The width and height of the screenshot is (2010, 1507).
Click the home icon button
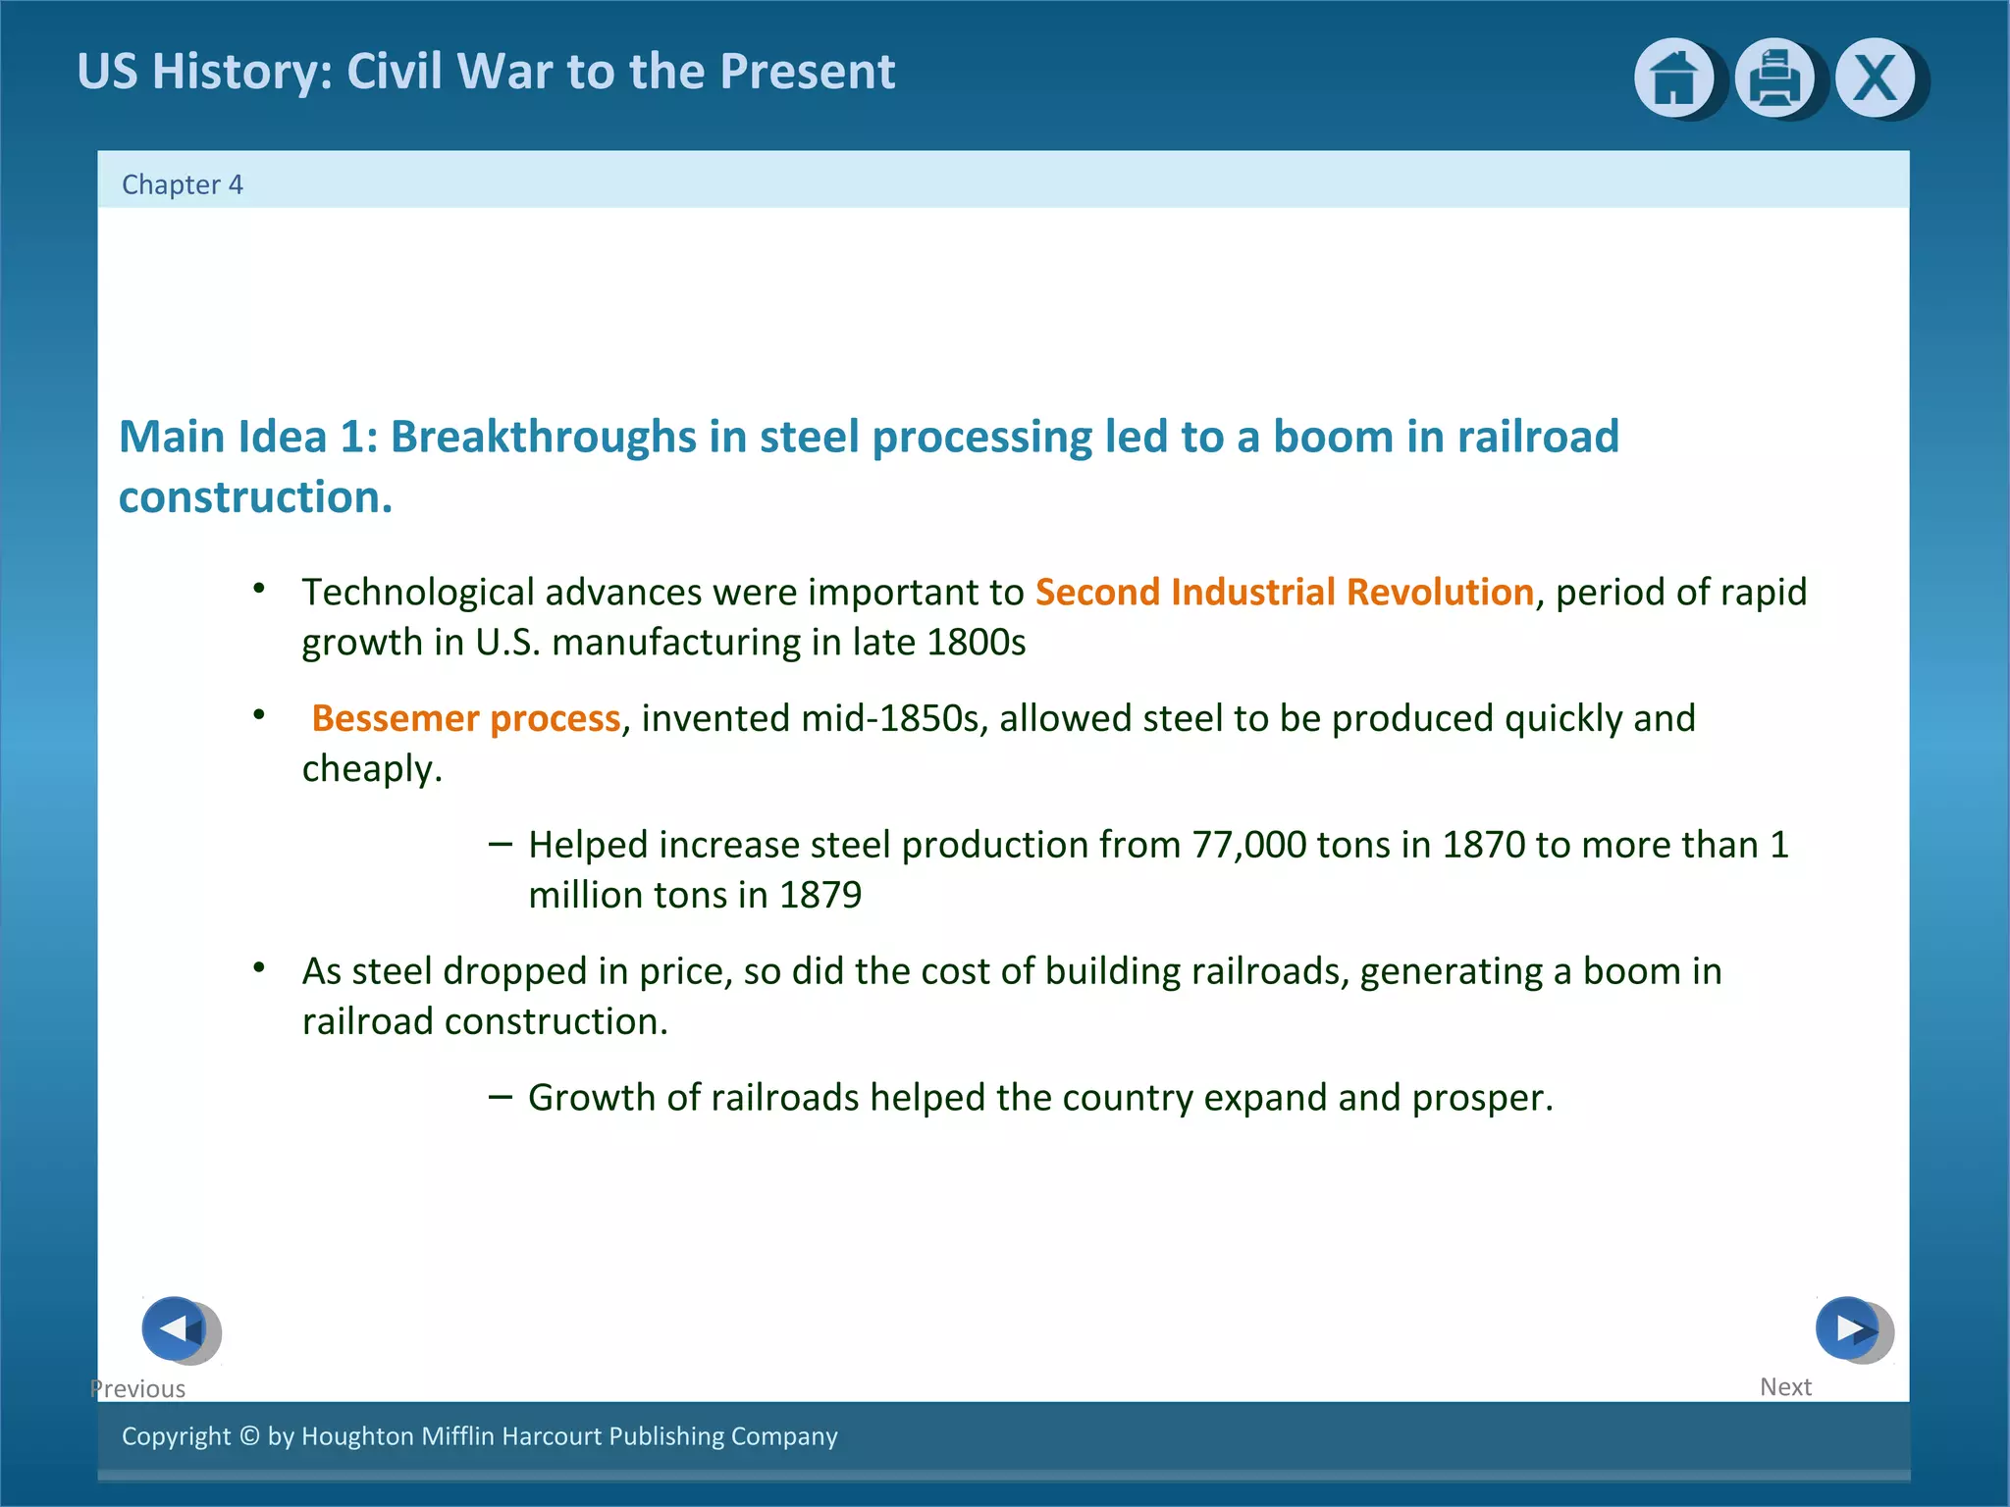tap(1673, 78)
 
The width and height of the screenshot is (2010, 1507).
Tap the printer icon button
tap(1773, 78)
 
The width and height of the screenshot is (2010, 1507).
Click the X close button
tap(1875, 78)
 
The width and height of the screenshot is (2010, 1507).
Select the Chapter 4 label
tap(183, 184)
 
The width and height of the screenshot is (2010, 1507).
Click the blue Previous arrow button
tap(176, 1328)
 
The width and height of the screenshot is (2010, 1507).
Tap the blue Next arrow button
tap(1848, 1328)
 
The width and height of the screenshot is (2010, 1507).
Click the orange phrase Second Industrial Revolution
tap(1284, 593)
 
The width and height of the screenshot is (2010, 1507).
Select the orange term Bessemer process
tap(466, 719)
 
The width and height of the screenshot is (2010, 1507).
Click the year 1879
tap(820, 896)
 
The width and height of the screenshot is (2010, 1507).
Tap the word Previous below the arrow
tap(138, 1388)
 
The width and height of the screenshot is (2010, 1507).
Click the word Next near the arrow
tap(1785, 1386)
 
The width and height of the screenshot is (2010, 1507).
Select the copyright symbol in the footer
tap(249, 1435)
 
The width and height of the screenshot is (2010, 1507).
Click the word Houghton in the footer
tap(357, 1435)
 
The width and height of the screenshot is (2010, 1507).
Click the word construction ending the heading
tap(254, 497)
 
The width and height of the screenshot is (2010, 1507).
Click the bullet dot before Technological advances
tap(259, 589)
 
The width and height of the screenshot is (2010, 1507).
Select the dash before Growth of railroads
tap(500, 1096)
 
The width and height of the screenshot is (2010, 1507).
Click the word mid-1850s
tap(890, 719)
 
